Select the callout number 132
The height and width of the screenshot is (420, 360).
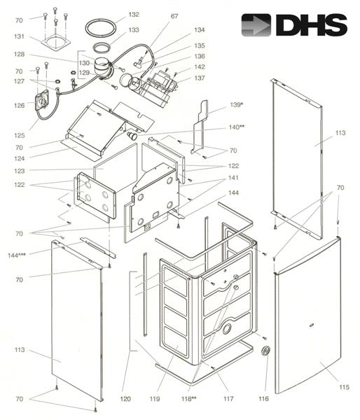(134, 15)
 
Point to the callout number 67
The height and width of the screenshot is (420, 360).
(174, 16)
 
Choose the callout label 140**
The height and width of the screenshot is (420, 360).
(237, 127)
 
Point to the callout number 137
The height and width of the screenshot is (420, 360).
(200, 78)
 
